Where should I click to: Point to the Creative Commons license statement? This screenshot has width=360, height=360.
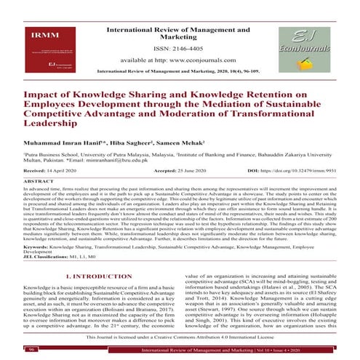(180, 340)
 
